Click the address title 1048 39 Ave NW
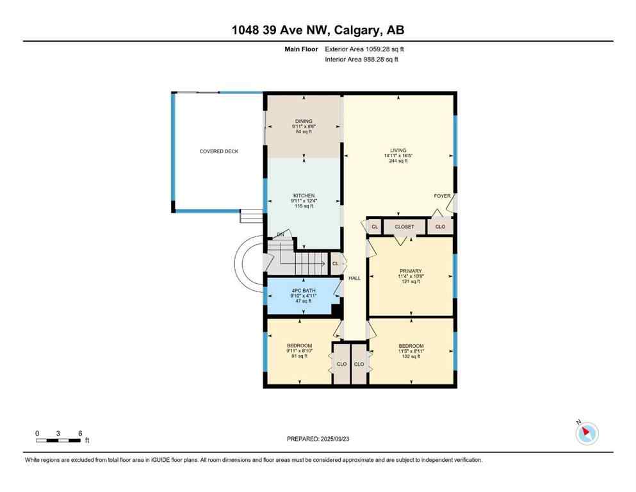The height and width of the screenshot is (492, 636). [318, 30]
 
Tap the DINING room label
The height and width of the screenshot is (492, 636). [304, 121]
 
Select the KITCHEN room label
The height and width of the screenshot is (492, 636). [304, 196]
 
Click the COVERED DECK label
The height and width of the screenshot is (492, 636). [219, 151]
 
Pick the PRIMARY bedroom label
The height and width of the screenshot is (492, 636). [410, 271]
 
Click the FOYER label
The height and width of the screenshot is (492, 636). [442, 196]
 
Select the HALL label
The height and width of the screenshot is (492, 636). [354, 278]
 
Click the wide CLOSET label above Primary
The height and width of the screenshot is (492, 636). [404, 227]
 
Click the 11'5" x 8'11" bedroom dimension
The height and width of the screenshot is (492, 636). [411, 351]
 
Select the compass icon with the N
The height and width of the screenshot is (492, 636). [586, 433]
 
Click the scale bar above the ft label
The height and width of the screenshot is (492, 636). [58, 440]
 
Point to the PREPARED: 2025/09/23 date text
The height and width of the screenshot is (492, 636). [318, 439]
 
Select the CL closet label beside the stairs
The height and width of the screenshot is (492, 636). [335, 263]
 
